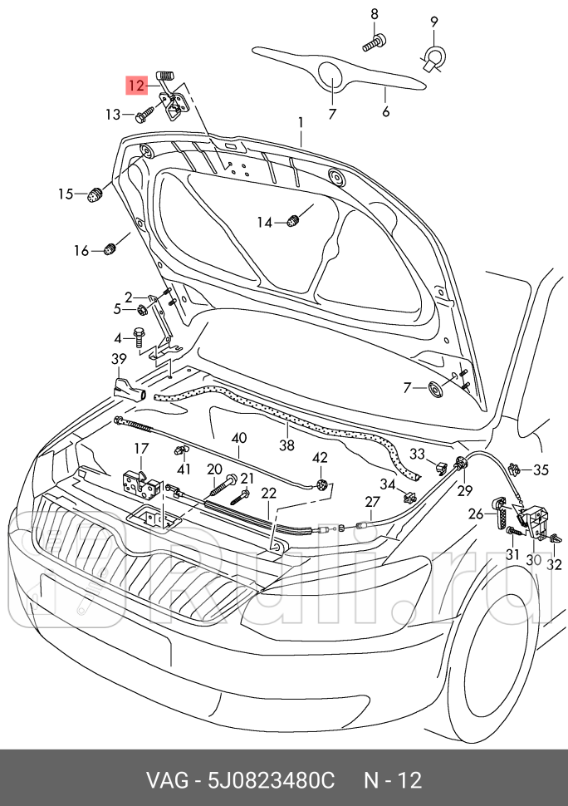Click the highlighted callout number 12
coord(137,85)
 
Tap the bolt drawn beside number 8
coord(375,42)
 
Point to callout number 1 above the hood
coord(301,123)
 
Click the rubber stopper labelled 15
coord(95,194)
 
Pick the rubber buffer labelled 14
coord(293,222)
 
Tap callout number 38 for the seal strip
coord(286,444)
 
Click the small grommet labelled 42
coord(322,484)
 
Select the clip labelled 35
coord(514,469)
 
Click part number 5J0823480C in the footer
coord(271,780)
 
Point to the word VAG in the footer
coord(168,780)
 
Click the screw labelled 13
coord(145,114)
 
